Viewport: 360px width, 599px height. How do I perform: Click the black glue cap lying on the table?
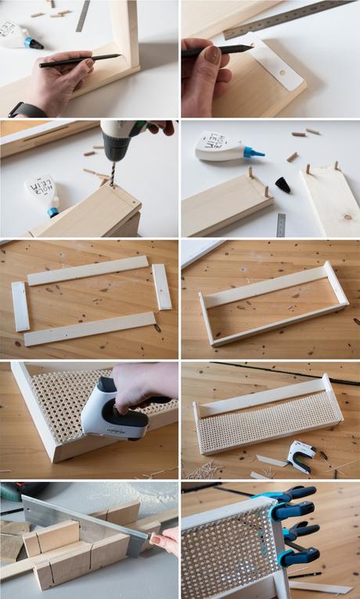[x=283, y=185]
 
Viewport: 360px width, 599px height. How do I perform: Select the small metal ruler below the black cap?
[x=281, y=225]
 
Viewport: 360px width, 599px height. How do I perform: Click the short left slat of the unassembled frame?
[x=20, y=306]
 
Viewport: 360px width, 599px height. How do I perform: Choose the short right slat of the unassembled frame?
[x=162, y=286]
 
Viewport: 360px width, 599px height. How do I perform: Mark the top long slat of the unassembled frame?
[x=88, y=271]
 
